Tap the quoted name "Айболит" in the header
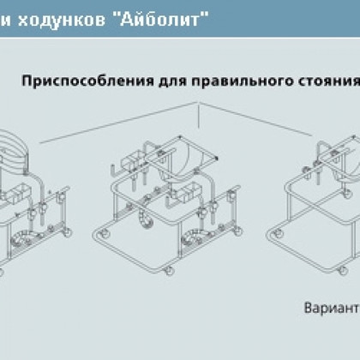tap(164, 19)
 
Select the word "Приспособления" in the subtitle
tap(87, 81)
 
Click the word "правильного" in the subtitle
tap(243, 81)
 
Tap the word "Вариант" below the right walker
tap(332, 308)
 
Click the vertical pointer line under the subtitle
tap(199, 116)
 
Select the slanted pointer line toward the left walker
tap(118, 123)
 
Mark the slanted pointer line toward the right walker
tap(255, 119)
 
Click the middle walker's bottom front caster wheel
tap(169, 270)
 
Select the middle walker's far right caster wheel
tap(237, 231)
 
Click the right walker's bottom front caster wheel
tap(343, 270)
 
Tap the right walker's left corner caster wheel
tap(277, 233)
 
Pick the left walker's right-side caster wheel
tap(67, 232)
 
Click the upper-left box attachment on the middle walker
tap(134, 160)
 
